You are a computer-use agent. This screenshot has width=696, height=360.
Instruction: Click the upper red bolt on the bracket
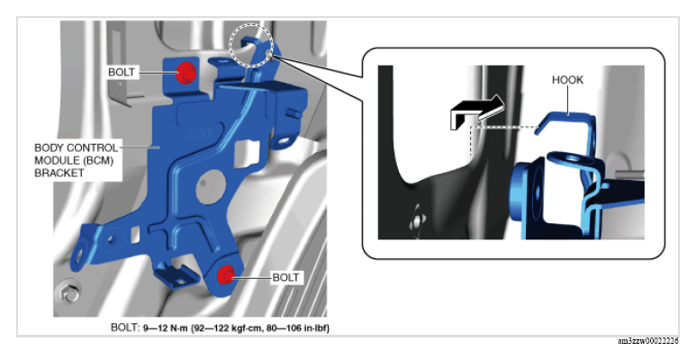tap(187, 73)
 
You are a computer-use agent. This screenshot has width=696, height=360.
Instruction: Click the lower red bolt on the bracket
tap(225, 274)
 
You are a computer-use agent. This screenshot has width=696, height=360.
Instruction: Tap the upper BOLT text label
tap(122, 72)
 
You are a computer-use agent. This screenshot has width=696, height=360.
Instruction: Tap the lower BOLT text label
tap(285, 277)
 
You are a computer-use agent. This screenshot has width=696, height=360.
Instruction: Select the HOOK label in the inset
tap(567, 80)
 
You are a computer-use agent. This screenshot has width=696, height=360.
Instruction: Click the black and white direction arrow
tap(476, 112)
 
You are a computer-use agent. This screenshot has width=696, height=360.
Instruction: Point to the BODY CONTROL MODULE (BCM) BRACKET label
tap(77, 160)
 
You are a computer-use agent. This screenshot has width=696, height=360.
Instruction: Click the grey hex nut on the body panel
tap(67, 293)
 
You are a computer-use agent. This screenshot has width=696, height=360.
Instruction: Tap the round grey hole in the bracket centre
tap(204, 183)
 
